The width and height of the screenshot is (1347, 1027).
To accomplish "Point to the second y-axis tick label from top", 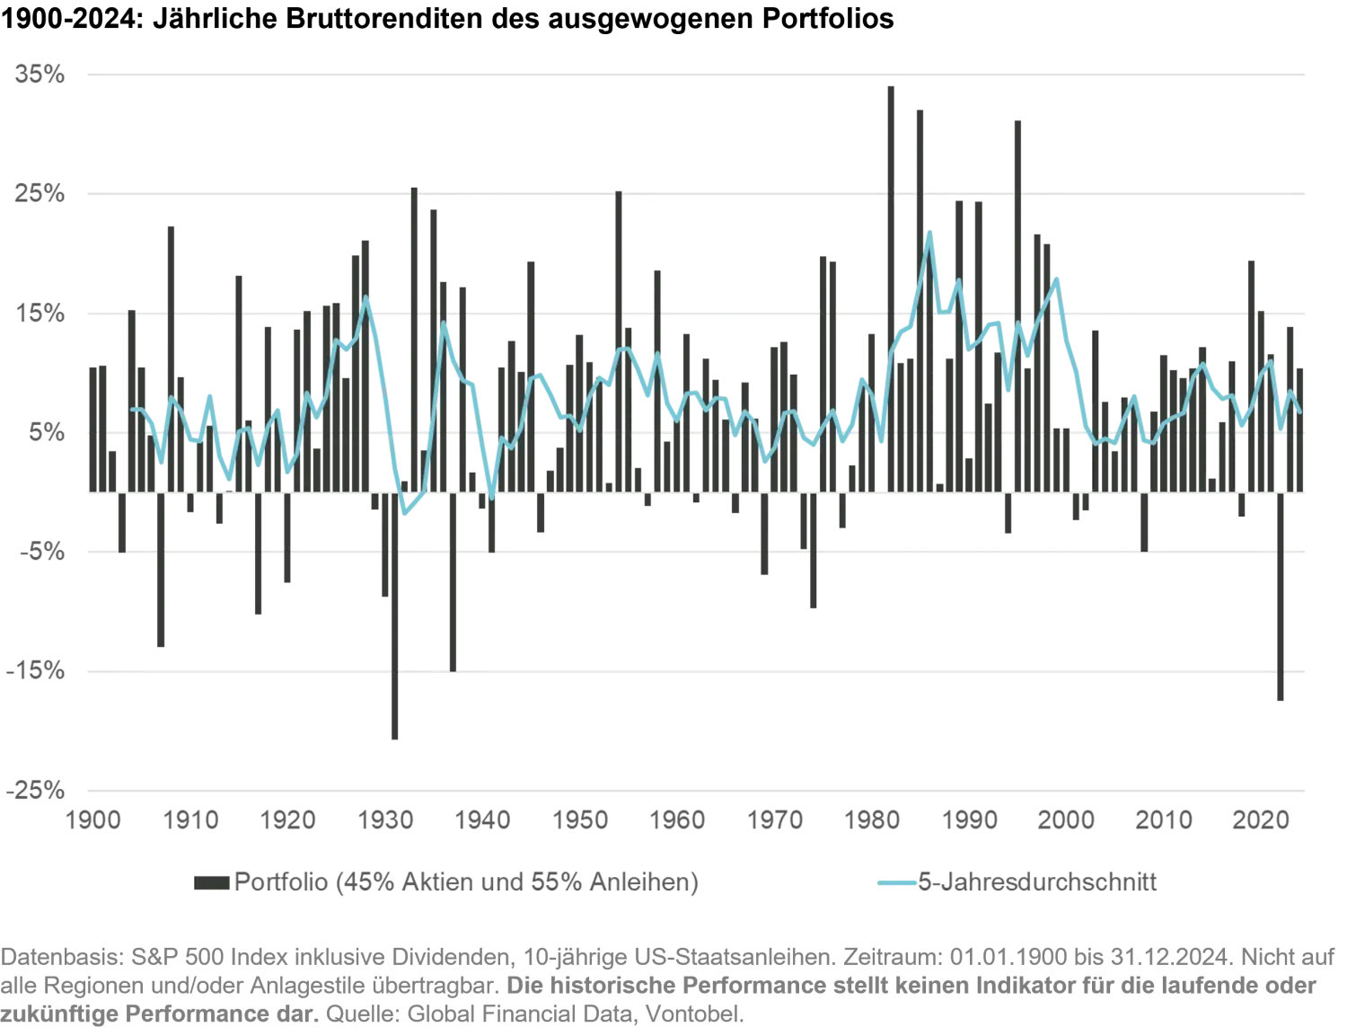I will click(40, 194).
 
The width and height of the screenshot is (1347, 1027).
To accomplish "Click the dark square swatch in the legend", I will click(207, 882).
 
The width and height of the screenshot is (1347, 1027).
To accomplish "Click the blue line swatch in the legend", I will click(897, 882).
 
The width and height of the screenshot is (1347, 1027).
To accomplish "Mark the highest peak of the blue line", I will click(930, 226).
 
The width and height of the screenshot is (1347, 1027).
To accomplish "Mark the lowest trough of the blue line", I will click(408, 514).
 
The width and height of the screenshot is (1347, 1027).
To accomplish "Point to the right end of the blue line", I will click(1300, 412).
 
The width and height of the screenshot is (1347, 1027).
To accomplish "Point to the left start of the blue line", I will click(133, 409).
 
